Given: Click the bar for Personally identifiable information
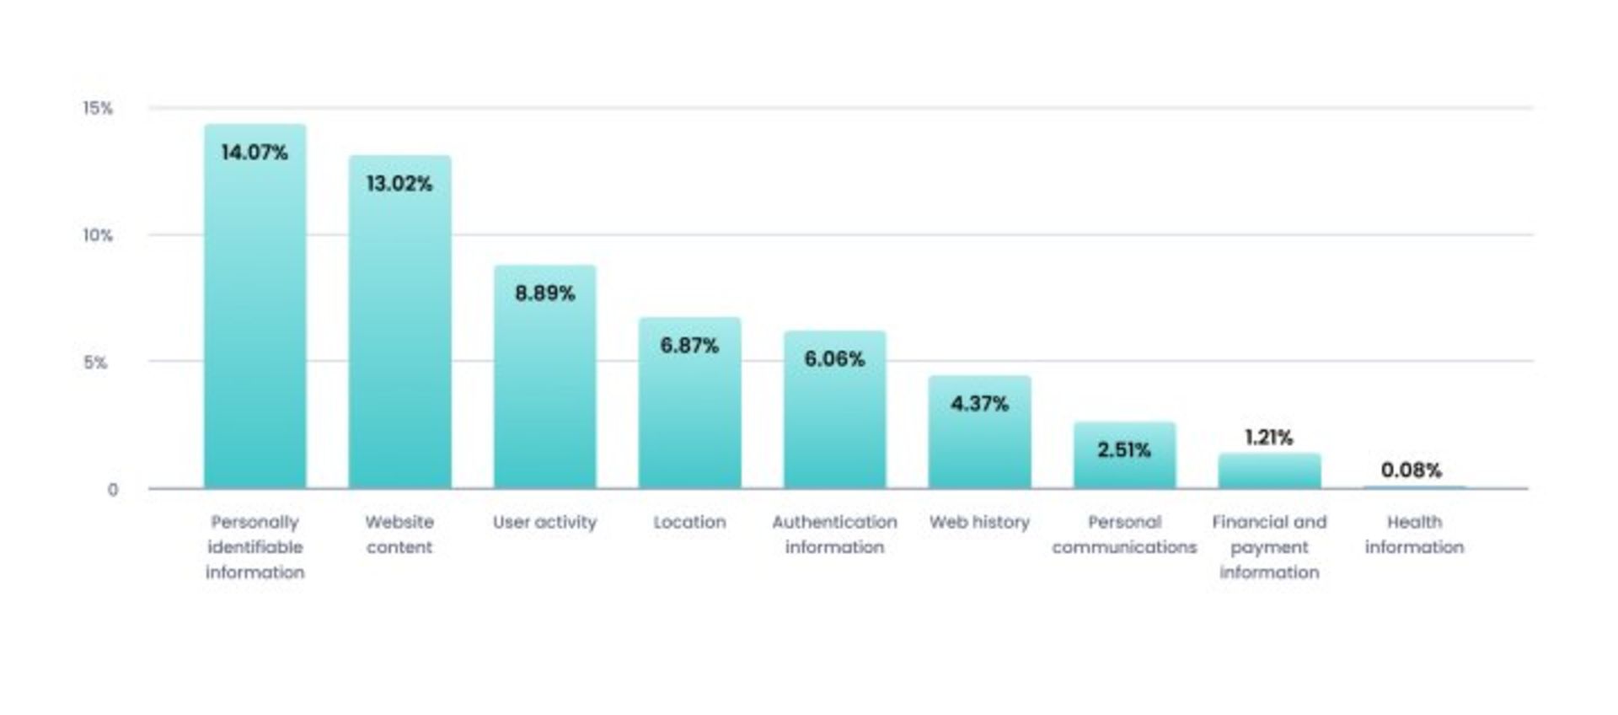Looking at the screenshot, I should click(254, 320).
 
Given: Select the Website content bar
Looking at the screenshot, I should click(399, 337).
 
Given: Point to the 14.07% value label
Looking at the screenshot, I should click(254, 153).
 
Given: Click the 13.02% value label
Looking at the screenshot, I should click(399, 184).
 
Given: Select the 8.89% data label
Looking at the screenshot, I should click(544, 293).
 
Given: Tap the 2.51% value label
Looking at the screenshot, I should click(1124, 450).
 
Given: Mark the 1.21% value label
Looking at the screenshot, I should click(1268, 438).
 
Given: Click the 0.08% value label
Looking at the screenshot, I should click(1412, 470).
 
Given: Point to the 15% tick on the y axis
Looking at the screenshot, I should click(97, 108).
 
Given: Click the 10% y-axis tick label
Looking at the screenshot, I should click(97, 235).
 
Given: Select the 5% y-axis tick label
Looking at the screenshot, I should click(95, 363).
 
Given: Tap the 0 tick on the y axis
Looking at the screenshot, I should click(112, 490).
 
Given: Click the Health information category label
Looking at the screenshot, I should click(1414, 535).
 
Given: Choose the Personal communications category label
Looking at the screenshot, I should click(1124, 535).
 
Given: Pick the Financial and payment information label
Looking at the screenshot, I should click(1269, 547).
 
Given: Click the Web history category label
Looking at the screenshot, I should click(979, 522).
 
